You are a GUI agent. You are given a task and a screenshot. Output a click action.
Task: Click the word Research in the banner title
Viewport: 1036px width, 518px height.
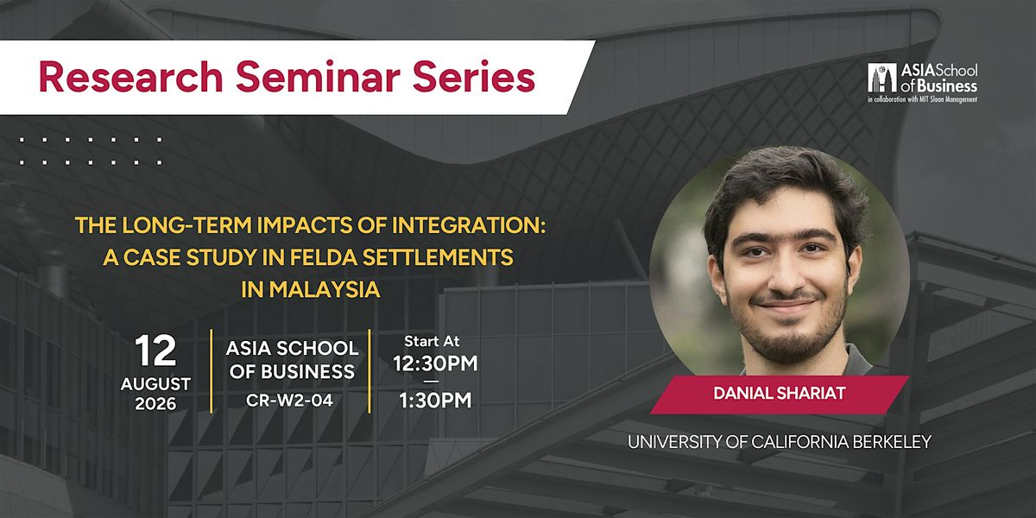(x=131, y=77)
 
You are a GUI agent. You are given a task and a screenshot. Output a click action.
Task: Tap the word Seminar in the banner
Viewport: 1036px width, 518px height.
(x=318, y=77)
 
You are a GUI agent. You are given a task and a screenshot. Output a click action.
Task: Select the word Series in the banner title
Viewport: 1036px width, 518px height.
(x=474, y=77)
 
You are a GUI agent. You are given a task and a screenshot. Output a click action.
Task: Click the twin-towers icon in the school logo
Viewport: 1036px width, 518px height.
(x=882, y=78)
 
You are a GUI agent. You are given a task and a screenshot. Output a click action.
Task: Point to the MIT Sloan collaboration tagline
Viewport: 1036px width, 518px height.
(x=922, y=99)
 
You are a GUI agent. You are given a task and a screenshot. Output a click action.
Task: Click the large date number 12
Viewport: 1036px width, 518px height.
(x=156, y=351)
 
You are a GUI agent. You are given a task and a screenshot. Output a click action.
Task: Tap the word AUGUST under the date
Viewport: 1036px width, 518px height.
(x=155, y=384)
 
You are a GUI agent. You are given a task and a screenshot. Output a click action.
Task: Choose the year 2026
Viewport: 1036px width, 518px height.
(x=155, y=404)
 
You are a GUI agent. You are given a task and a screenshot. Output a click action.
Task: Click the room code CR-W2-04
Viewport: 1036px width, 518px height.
(x=289, y=401)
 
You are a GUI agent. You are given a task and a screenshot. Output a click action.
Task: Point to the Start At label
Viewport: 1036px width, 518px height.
(x=432, y=341)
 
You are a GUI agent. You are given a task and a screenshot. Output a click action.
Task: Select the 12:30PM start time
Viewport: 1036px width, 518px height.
(x=435, y=363)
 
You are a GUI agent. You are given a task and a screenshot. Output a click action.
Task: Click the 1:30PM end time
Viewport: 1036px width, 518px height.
(x=435, y=401)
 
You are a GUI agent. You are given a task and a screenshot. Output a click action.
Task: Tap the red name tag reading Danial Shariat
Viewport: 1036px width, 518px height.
(x=780, y=394)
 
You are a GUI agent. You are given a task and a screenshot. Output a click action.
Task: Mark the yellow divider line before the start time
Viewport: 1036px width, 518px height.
(x=370, y=370)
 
